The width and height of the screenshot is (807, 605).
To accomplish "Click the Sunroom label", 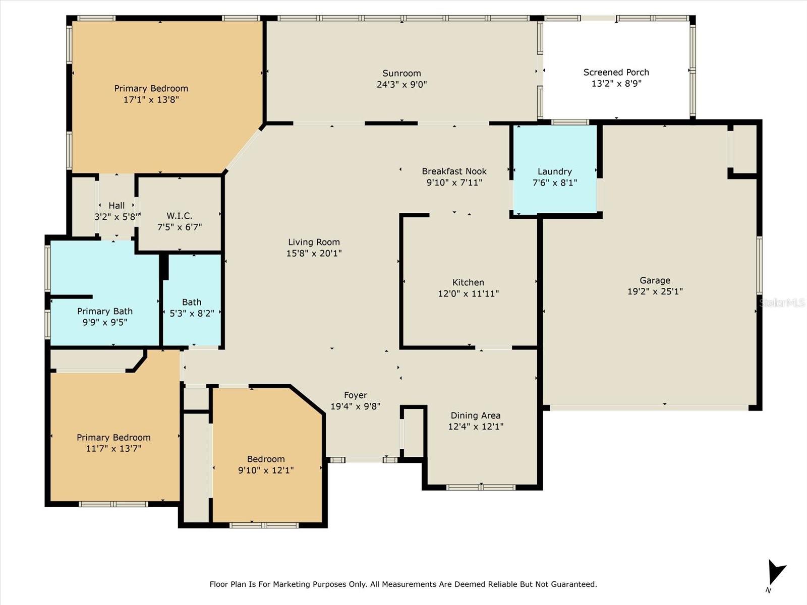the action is [x=401, y=73].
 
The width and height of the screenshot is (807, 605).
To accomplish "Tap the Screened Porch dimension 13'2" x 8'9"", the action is [x=616, y=83].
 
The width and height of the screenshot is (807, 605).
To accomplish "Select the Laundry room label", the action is [x=554, y=171].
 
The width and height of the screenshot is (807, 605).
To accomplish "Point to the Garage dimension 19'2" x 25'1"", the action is [x=655, y=291].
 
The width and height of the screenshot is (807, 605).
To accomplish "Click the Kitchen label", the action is [x=468, y=282].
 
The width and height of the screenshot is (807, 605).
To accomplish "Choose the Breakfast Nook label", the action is [x=454, y=171].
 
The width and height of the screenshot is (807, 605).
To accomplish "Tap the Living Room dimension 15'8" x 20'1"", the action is [x=314, y=253].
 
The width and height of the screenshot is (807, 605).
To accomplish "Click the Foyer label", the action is [x=356, y=395].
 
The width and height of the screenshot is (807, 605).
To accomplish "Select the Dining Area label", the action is [x=476, y=415].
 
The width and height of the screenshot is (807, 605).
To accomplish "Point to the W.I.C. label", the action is [x=180, y=216].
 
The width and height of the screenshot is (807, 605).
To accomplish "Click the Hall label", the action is [x=117, y=205].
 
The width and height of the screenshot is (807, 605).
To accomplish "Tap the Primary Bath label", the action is [x=105, y=311].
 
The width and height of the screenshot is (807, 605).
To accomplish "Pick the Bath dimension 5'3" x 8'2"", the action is [x=192, y=313].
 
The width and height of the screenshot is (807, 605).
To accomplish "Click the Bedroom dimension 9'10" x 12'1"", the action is [x=266, y=470].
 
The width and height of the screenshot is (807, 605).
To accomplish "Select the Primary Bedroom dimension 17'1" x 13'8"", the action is [x=151, y=99].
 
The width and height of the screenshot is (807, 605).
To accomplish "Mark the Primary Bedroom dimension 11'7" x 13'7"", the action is [x=113, y=449].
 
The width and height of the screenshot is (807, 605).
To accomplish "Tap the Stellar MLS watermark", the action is [x=782, y=302].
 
